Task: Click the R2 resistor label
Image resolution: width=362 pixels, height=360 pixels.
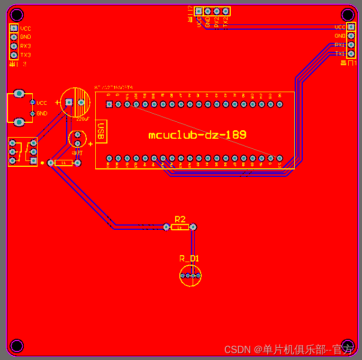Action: (180, 219)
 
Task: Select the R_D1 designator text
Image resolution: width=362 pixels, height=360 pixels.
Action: (189, 258)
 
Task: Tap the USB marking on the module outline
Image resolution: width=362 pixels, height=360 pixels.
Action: (101, 131)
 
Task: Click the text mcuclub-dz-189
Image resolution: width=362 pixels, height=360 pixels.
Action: (197, 135)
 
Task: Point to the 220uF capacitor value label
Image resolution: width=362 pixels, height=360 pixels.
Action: (83, 119)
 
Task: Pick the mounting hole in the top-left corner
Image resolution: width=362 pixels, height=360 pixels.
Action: (16, 14)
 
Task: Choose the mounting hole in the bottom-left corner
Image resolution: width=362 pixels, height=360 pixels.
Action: (16, 346)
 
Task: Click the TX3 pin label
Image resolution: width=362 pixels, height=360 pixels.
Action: (25, 55)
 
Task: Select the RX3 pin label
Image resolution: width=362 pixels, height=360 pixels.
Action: (25, 46)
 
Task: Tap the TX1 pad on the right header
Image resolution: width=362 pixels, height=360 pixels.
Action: (351, 53)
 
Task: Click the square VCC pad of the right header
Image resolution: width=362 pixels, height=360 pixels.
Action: (351, 26)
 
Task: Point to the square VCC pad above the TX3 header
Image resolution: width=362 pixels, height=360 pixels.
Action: (14, 28)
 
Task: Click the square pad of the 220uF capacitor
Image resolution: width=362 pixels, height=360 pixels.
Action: (68, 102)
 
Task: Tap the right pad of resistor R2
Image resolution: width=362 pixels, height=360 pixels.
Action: (193, 227)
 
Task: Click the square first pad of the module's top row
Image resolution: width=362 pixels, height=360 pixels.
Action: (109, 104)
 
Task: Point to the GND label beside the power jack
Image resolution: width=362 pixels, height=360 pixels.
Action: (42, 113)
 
